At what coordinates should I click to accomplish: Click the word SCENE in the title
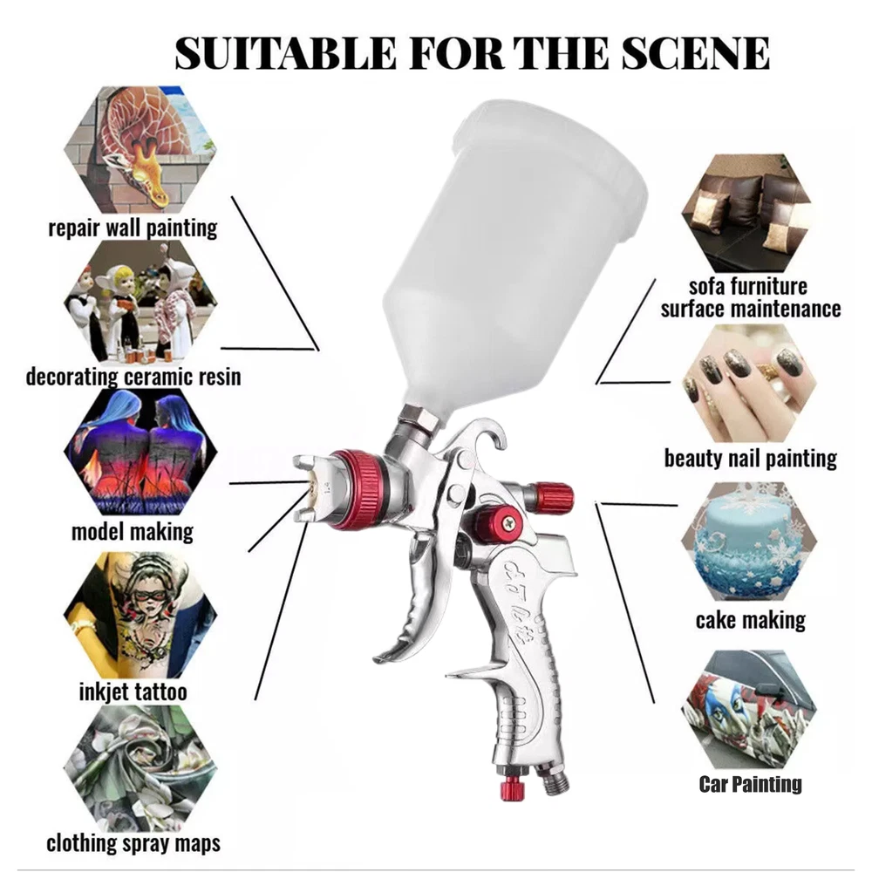(x=695, y=53)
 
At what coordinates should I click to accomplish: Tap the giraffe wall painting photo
(x=140, y=150)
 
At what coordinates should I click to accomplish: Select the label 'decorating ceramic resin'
(x=133, y=377)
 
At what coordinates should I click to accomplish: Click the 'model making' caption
(x=133, y=532)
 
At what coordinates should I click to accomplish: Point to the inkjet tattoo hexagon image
(x=140, y=615)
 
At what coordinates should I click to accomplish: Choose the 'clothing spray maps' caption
(x=133, y=843)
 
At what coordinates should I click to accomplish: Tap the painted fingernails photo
(x=749, y=384)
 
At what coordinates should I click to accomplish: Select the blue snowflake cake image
(x=749, y=542)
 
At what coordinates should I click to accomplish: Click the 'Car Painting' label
(x=750, y=784)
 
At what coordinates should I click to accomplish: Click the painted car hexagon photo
(x=749, y=710)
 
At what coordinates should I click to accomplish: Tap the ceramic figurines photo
(x=140, y=302)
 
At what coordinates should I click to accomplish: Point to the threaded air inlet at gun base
(x=553, y=780)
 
